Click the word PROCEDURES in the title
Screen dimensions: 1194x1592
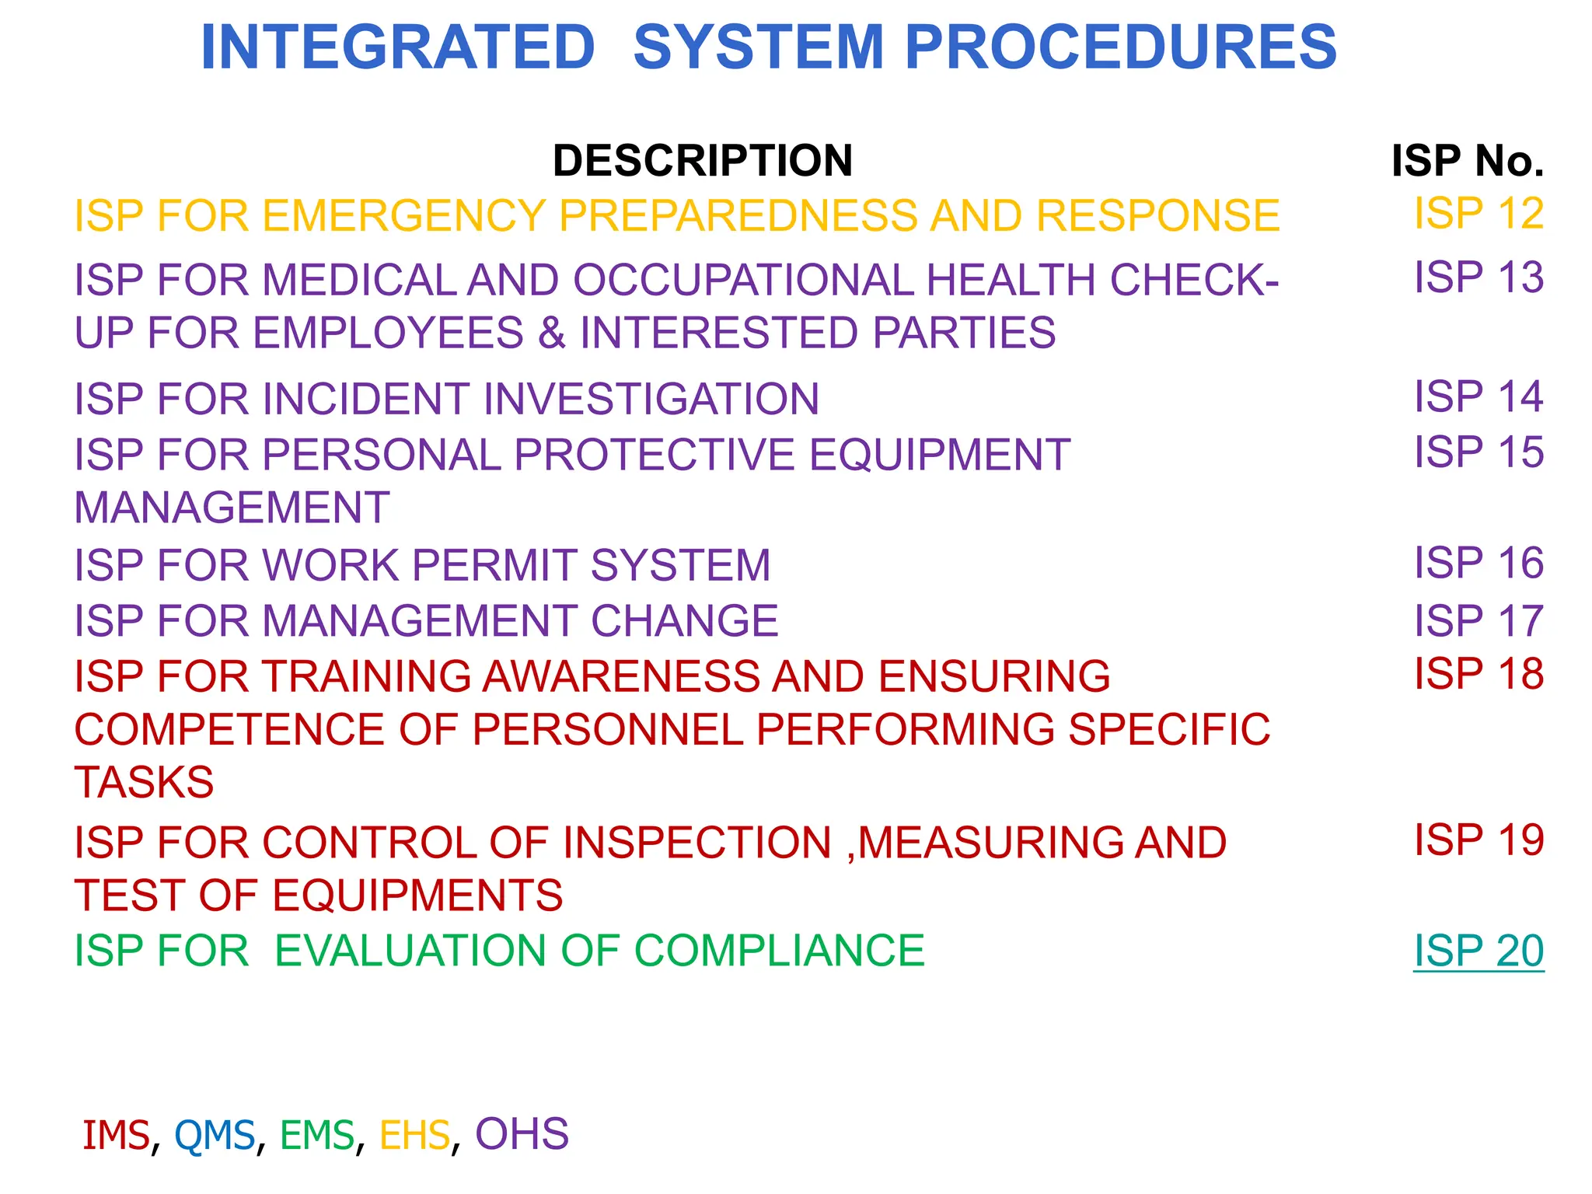point(1120,48)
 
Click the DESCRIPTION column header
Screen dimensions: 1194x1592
point(703,161)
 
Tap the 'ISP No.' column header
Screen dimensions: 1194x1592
point(1467,161)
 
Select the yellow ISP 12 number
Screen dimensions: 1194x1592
point(1478,213)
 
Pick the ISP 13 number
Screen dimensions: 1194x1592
point(1478,278)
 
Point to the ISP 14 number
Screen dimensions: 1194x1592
point(1478,396)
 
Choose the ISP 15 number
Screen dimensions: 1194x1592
point(1478,452)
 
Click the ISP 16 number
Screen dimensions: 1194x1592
point(1478,563)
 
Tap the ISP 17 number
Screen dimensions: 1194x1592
point(1478,620)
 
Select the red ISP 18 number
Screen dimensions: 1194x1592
point(1478,674)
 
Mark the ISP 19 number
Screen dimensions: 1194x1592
point(1478,840)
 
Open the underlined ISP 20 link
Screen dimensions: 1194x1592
point(1478,951)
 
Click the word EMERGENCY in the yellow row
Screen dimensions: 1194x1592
point(404,216)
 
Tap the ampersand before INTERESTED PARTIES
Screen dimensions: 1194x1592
point(552,333)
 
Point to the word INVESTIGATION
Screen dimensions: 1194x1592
point(651,399)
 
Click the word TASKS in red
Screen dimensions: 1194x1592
point(144,782)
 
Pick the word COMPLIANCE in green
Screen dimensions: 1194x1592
point(779,951)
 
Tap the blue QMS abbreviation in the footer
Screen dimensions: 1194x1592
point(215,1135)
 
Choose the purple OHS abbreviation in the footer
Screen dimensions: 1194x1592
point(522,1134)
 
